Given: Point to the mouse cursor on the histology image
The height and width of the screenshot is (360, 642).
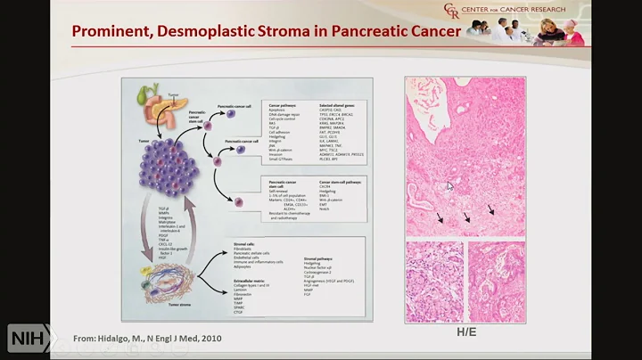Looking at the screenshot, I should [449, 185].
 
